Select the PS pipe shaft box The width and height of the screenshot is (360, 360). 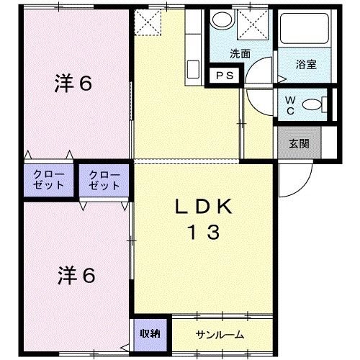click(x=220, y=75)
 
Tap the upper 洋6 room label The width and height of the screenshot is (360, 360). click(x=73, y=84)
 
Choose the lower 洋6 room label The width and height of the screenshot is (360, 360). click(x=75, y=275)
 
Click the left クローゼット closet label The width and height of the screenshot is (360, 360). click(x=48, y=180)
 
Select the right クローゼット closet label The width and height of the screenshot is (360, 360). click(x=104, y=180)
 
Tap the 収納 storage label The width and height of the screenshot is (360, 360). click(x=150, y=333)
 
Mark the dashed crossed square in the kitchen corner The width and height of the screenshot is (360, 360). click(x=150, y=23)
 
